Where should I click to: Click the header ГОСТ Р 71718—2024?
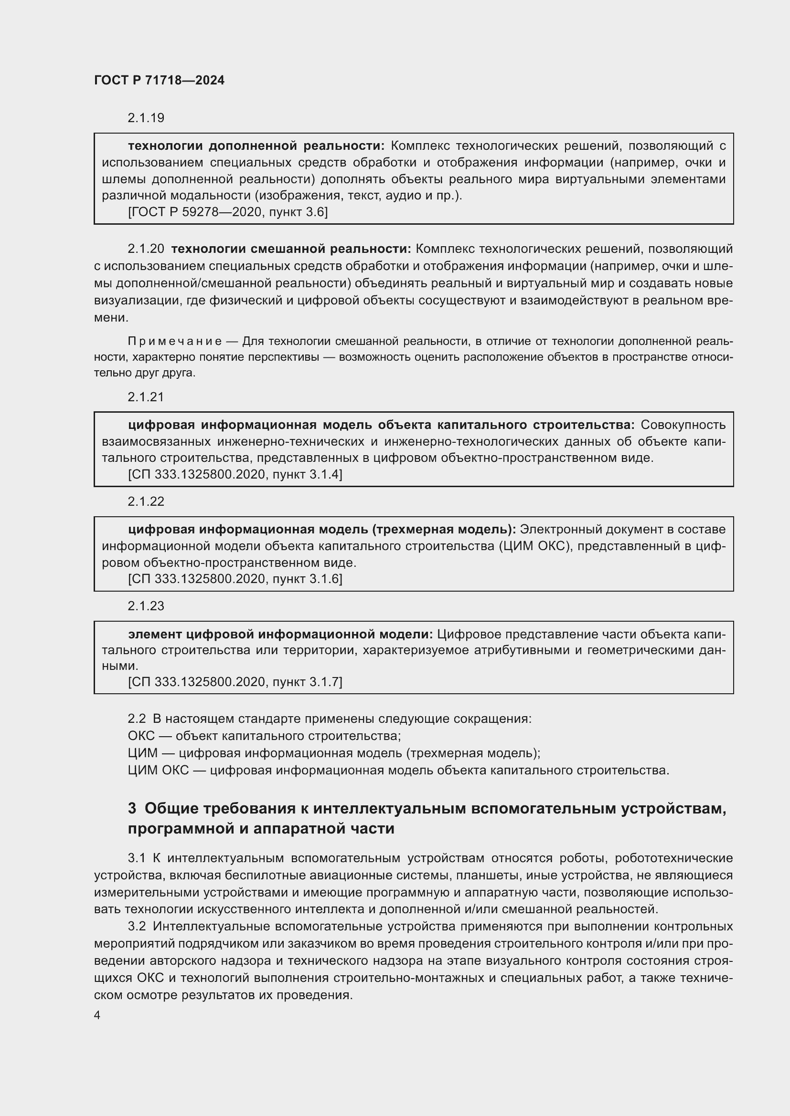[159, 81]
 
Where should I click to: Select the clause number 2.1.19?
[146, 118]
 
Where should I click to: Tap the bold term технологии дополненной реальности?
[256, 146]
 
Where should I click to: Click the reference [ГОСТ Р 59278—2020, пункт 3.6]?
[228, 212]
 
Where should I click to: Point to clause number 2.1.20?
[146, 249]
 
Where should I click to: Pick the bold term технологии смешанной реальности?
[291, 249]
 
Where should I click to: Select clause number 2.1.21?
[146, 397]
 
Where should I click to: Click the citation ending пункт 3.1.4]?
[235, 474]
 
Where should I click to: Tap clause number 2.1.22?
[146, 501]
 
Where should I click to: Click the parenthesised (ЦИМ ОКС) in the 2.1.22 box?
[534, 546]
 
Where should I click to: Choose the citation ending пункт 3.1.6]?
[235, 579]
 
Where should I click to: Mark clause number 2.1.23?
[146, 606]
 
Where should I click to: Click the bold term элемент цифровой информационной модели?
[280, 634]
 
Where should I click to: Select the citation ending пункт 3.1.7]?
[235, 682]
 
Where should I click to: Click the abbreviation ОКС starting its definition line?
[141, 736]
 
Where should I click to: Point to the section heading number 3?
[132, 808]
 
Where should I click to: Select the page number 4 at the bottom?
[97, 1015]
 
